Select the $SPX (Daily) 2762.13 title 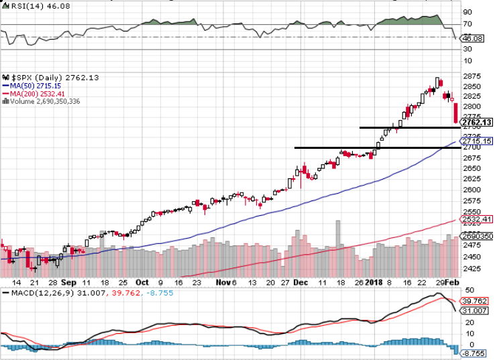(51, 78)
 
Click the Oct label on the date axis (142, 282)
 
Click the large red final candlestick (456, 113)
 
